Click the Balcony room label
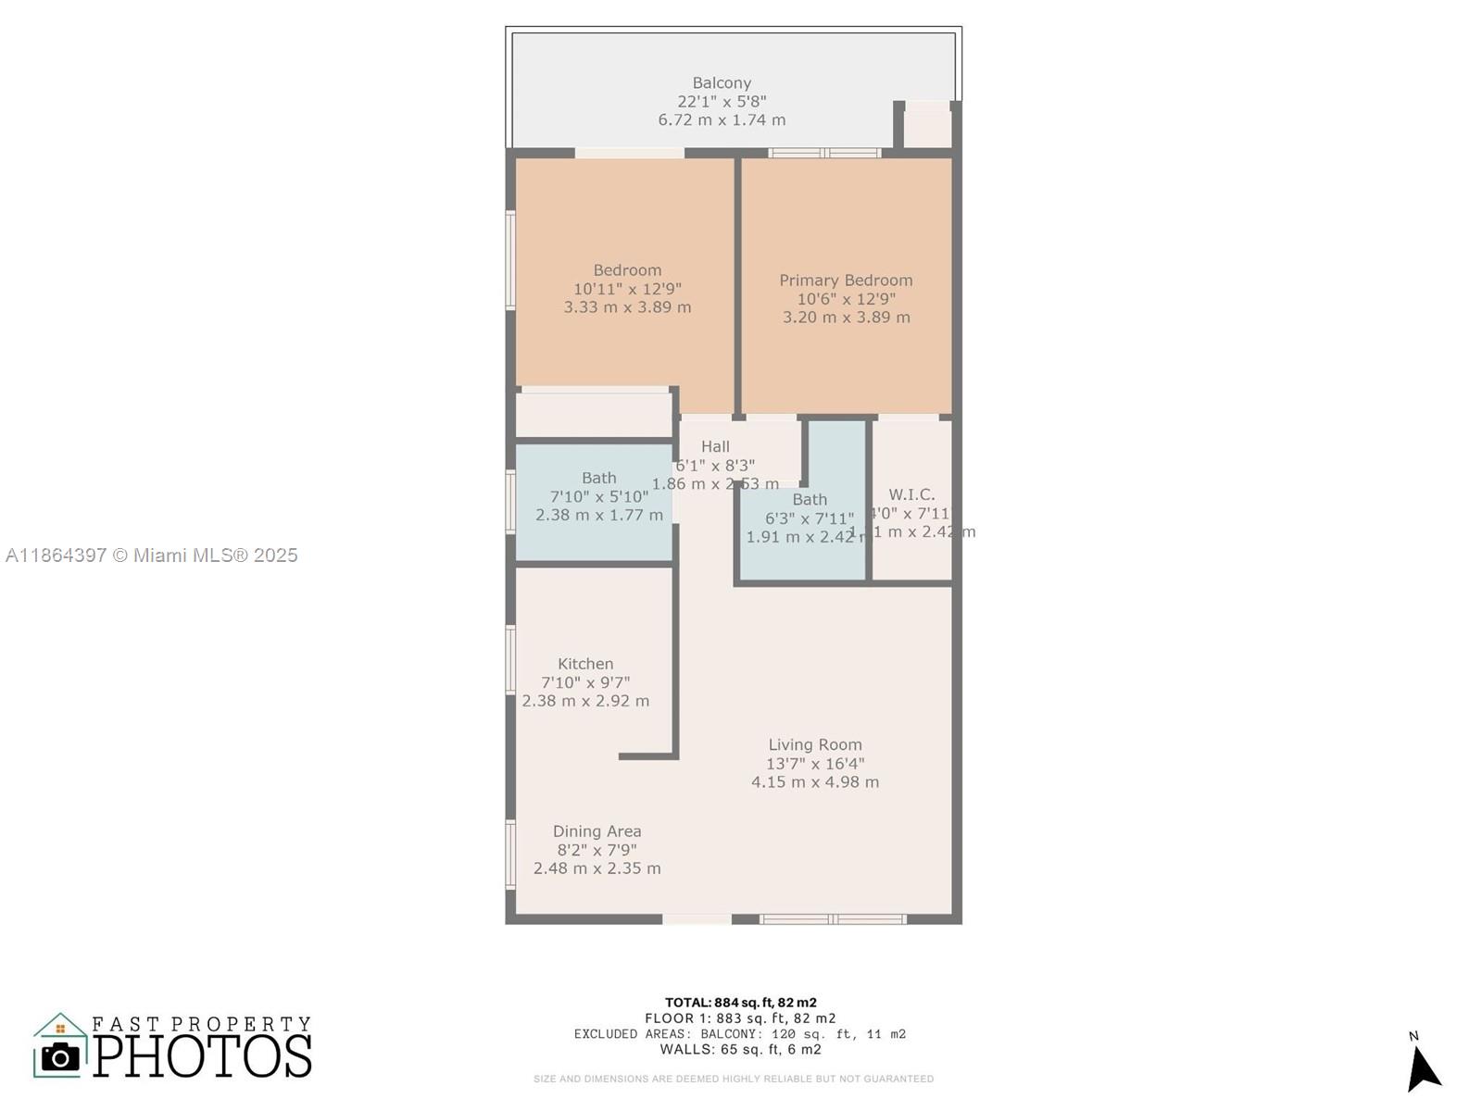[x=722, y=83]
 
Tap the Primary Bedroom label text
[x=846, y=281]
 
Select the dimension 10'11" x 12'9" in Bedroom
[x=627, y=289]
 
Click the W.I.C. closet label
[x=911, y=494]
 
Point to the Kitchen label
[x=585, y=664]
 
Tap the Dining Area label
[x=597, y=831]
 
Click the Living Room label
[x=815, y=744]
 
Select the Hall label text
[x=715, y=446]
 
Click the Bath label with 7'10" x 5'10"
[x=598, y=478]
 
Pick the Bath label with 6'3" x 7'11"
[x=810, y=499]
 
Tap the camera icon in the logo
[x=61, y=1056]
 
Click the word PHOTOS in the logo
[x=202, y=1056]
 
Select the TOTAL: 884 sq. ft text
[x=740, y=1002]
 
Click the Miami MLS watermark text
[x=152, y=555]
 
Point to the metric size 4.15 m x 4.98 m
[x=815, y=782]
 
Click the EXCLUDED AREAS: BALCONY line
[x=740, y=1034]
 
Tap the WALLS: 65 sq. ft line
[x=740, y=1050]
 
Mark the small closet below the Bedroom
[x=594, y=414]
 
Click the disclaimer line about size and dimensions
[x=733, y=1079]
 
